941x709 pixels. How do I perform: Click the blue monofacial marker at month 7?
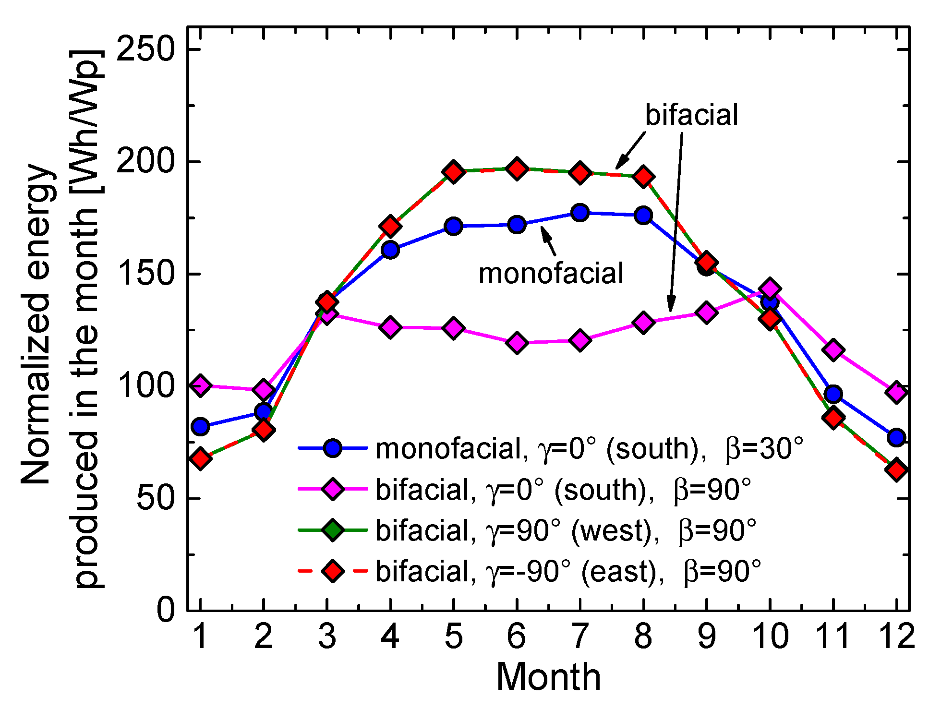pos(580,212)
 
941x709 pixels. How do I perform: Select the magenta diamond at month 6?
pos(517,343)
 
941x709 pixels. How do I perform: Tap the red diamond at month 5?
pos(453,172)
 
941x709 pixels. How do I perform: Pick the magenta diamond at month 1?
pos(201,385)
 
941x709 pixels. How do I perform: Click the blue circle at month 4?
pos(390,250)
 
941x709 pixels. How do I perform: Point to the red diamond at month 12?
pos(896,470)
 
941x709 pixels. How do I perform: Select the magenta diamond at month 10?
pos(770,288)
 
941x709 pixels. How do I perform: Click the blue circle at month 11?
pos(833,394)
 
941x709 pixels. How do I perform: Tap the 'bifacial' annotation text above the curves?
pos(691,115)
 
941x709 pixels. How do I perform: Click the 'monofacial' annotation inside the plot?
pos(551,274)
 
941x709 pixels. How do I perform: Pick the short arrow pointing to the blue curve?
pos(549,240)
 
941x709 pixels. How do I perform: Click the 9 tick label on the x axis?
pos(706,636)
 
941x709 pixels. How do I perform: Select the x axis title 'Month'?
pos(548,677)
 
